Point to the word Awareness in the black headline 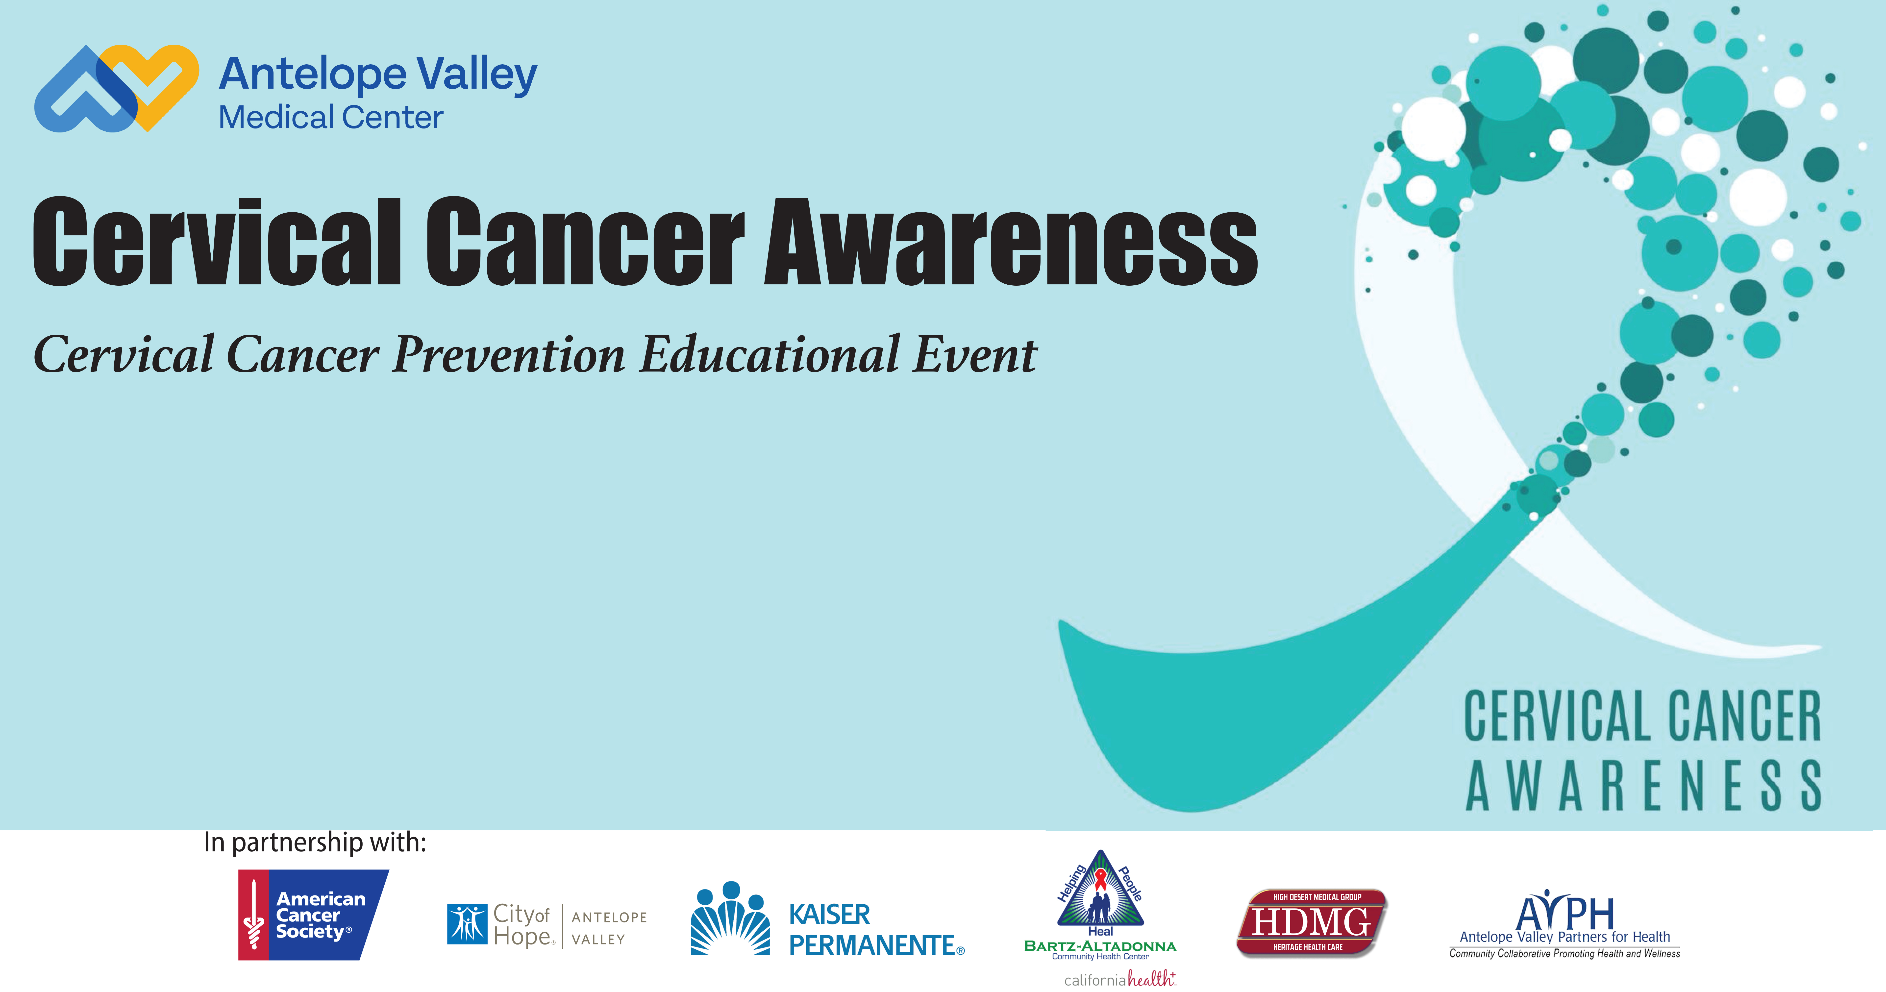tap(1010, 242)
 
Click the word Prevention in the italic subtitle tap(509, 355)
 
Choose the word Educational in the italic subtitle tap(769, 355)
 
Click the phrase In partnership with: tap(315, 843)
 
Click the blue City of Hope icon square tap(467, 924)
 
